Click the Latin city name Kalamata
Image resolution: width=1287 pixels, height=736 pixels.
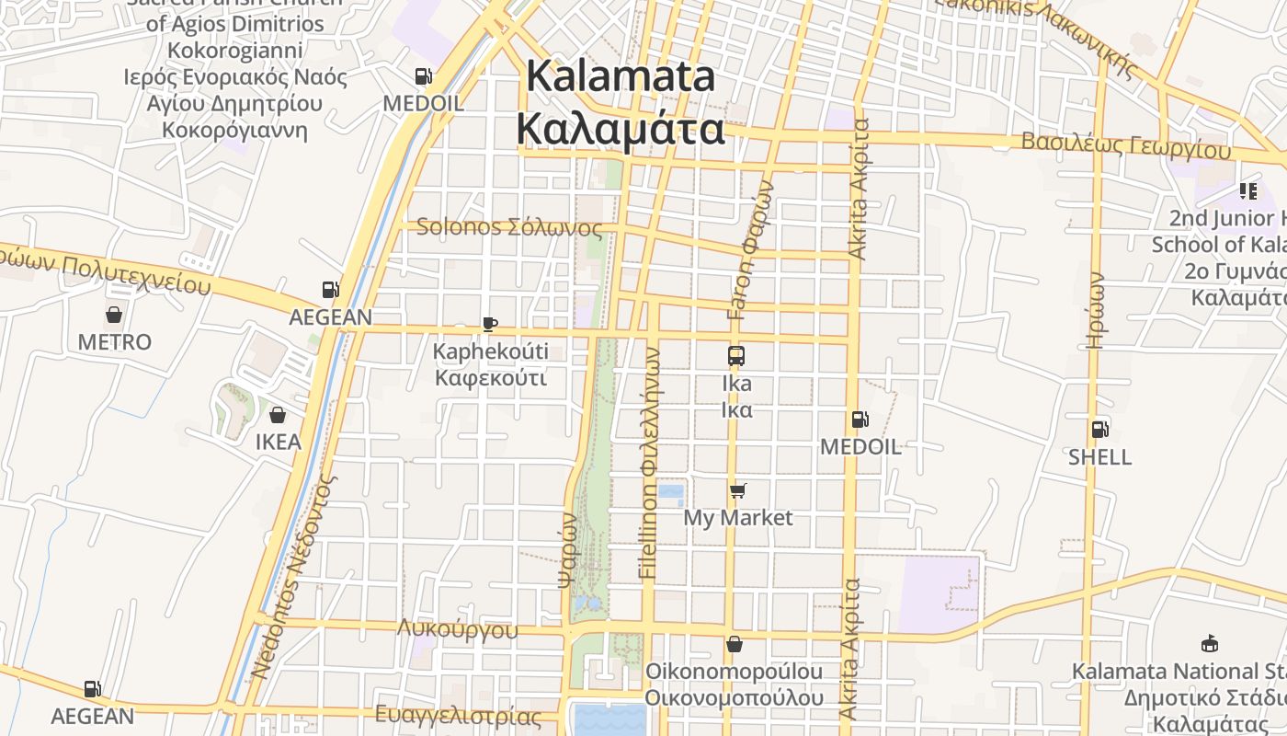621,77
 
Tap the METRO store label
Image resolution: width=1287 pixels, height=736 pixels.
114,342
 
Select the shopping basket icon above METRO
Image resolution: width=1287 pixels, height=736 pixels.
114,315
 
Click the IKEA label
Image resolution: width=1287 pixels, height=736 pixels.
278,442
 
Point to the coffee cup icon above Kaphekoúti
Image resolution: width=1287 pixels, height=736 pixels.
490,324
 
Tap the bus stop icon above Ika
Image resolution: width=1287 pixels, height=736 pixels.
736,356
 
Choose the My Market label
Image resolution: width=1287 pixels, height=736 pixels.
737,517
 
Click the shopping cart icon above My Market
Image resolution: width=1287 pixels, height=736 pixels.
737,490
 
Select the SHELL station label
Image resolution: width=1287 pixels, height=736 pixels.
1099,457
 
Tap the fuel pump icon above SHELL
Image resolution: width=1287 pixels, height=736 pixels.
1099,430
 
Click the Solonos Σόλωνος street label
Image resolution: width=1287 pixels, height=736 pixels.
509,227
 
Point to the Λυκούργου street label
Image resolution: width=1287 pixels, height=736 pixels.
458,629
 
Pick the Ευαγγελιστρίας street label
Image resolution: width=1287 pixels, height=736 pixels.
459,715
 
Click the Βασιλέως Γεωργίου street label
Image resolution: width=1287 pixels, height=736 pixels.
1125,144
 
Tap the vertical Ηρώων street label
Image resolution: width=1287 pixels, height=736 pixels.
1094,309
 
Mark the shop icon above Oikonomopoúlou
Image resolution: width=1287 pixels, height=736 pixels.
734,644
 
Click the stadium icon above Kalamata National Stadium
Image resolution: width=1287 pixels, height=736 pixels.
1210,644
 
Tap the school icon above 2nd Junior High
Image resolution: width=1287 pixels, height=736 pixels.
1247,191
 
